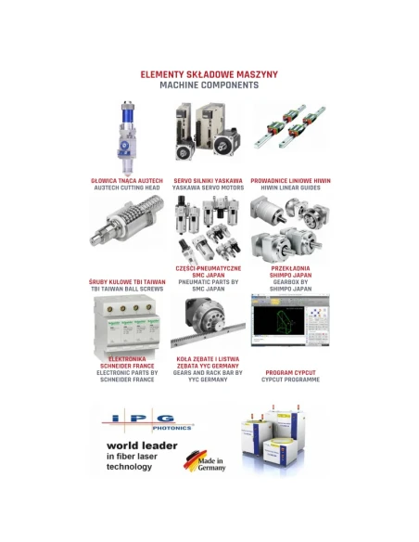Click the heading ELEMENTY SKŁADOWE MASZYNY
pos(209,73)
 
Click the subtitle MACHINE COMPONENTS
pos(209,84)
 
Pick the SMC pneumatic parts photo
pos(209,227)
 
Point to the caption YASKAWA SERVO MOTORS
pos(209,187)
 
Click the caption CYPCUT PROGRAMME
pos(290,380)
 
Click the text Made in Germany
pos(211,462)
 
